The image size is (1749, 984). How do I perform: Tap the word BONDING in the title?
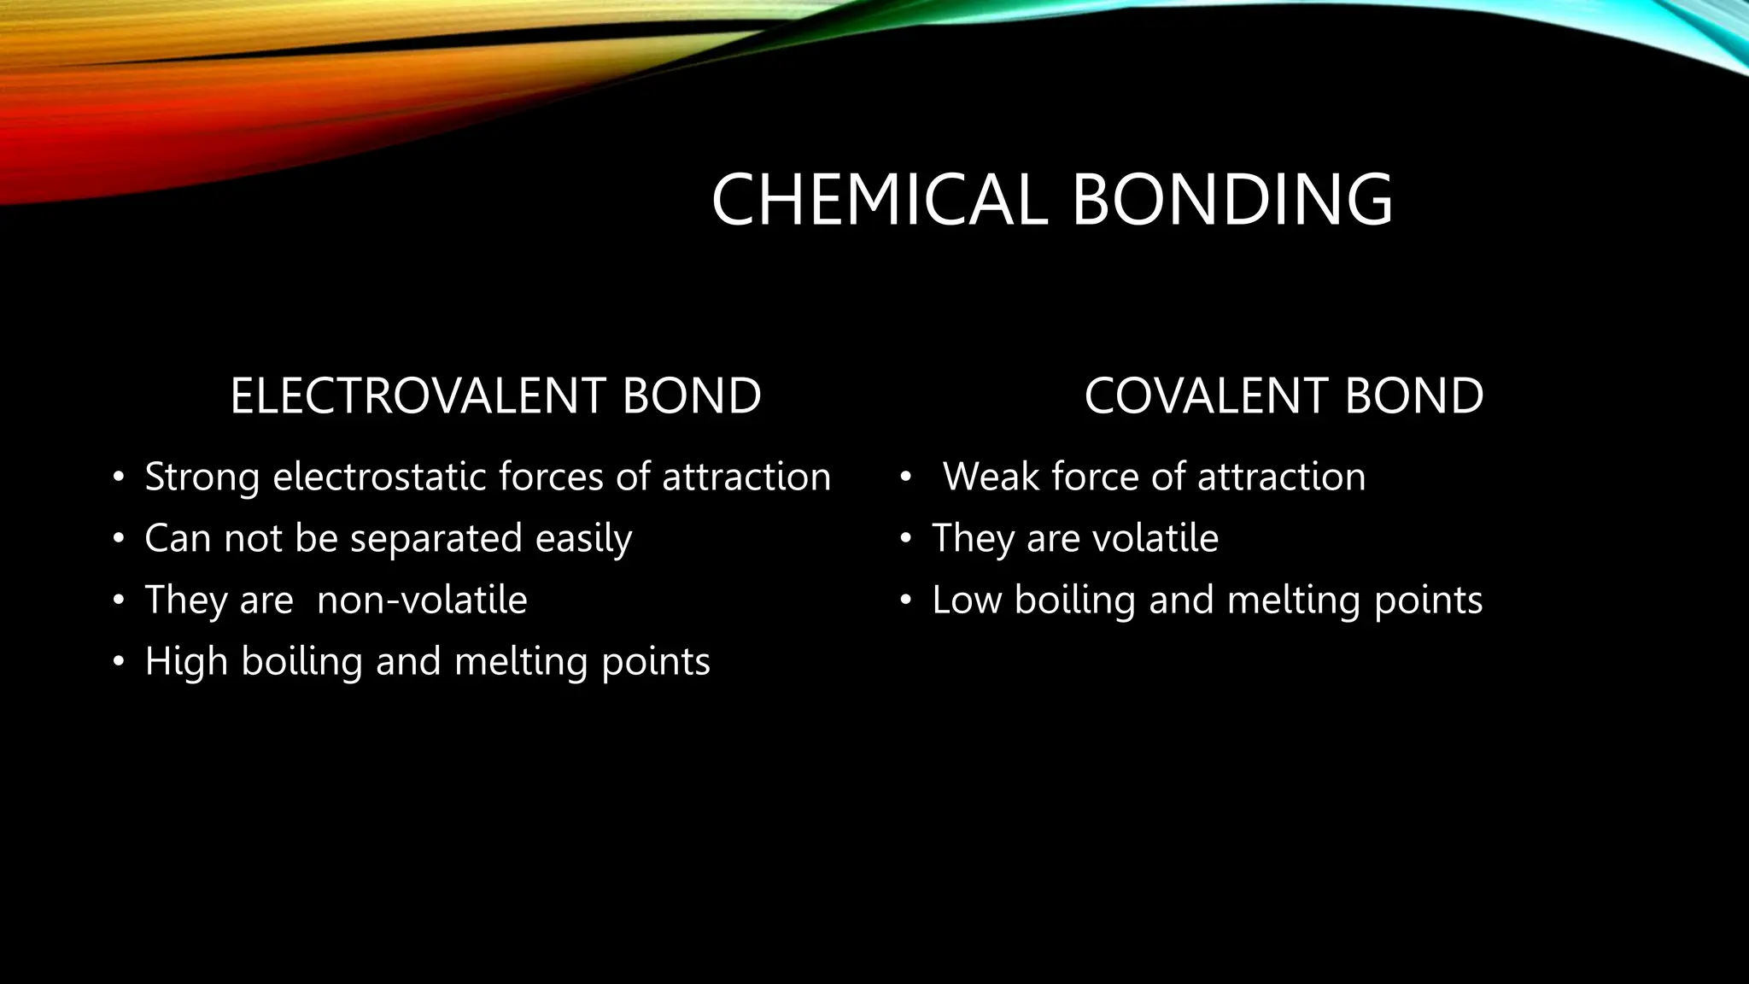point(1231,200)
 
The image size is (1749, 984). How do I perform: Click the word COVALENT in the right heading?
point(1205,396)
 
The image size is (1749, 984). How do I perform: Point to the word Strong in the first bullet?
point(202,477)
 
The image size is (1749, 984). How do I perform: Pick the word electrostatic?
point(380,477)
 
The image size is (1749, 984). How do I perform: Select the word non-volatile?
point(422,600)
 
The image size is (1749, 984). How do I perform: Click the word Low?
point(966,600)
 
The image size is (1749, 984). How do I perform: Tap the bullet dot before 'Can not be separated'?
point(119,539)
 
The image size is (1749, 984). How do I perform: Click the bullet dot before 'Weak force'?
point(905,477)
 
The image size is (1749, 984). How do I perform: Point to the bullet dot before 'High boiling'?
point(119,662)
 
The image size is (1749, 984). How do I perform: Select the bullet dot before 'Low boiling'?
point(905,600)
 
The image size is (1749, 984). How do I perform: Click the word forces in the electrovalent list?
point(551,477)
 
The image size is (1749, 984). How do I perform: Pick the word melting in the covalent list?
point(1294,600)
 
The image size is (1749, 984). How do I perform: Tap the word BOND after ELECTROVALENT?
point(692,396)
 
